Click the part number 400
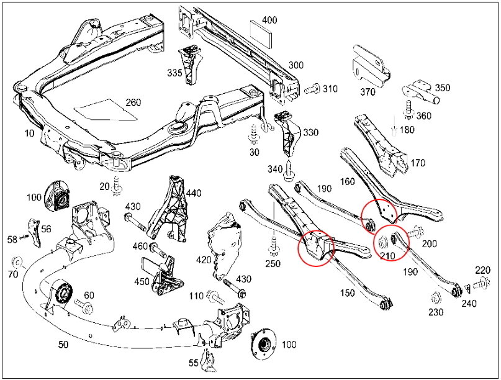click(x=269, y=20)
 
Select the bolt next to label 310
click(x=312, y=89)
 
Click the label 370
click(x=368, y=93)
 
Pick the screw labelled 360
click(x=408, y=107)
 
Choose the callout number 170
click(x=417, y=163)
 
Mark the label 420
click(x=204, y=259)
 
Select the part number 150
click(x=347, y=292)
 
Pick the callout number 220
click(x=482, y=269)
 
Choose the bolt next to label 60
click(x=83, y=306)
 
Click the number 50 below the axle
click(x=63, y=343)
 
